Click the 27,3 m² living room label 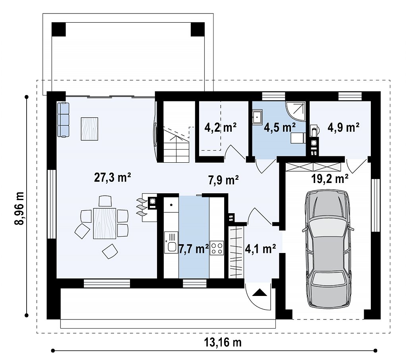pos(112,177)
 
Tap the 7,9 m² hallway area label pos(223,180)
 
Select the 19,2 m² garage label pos(329,179)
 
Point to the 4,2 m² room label pos(220,128)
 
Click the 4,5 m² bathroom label pos(279,128)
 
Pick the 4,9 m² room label pos(343,128)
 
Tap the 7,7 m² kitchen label pos(194,249)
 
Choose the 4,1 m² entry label pos(260,249)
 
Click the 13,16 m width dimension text pos(223,342)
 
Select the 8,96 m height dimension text pos(19,208)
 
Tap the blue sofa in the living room pos(63,120)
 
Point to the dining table pos(105,223)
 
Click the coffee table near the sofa pos(89,129)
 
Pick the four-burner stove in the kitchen pos(217,248)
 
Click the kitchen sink pos(171,243)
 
